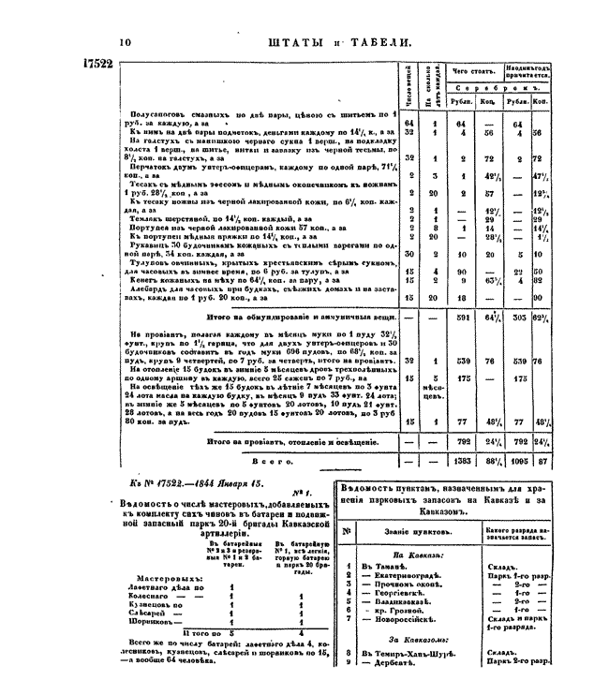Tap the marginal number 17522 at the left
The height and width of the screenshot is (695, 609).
coord(91,65)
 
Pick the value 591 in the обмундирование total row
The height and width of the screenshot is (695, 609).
coord(461,318)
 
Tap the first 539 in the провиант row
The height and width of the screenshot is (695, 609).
coord(461,360)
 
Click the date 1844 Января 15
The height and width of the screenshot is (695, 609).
coord(217,483)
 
